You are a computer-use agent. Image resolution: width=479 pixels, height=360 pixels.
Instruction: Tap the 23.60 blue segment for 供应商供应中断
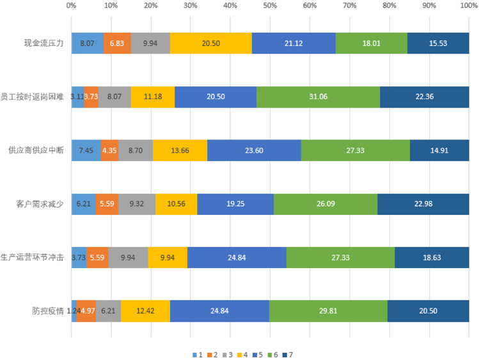tap(254, 150)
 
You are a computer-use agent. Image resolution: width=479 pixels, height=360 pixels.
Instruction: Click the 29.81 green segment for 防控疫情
tap(328, 311)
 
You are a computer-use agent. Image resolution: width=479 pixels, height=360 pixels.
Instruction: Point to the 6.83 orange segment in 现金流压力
tap(117, 43)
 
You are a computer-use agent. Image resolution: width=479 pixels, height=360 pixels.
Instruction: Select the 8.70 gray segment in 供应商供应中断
tap(136, 150)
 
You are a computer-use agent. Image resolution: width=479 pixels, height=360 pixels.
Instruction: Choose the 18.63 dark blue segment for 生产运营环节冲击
tap(432, 258)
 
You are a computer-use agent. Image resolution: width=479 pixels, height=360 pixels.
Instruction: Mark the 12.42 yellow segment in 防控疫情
tap(145, 311)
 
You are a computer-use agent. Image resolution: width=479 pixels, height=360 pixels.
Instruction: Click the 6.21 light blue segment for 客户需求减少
tap(83, 204)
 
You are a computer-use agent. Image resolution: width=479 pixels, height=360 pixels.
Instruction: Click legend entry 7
tap(289, 354)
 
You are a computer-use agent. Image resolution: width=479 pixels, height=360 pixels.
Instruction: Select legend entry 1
tap(197, 354)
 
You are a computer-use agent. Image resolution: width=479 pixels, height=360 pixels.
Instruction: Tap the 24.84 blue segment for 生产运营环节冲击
tap(237, 258)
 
